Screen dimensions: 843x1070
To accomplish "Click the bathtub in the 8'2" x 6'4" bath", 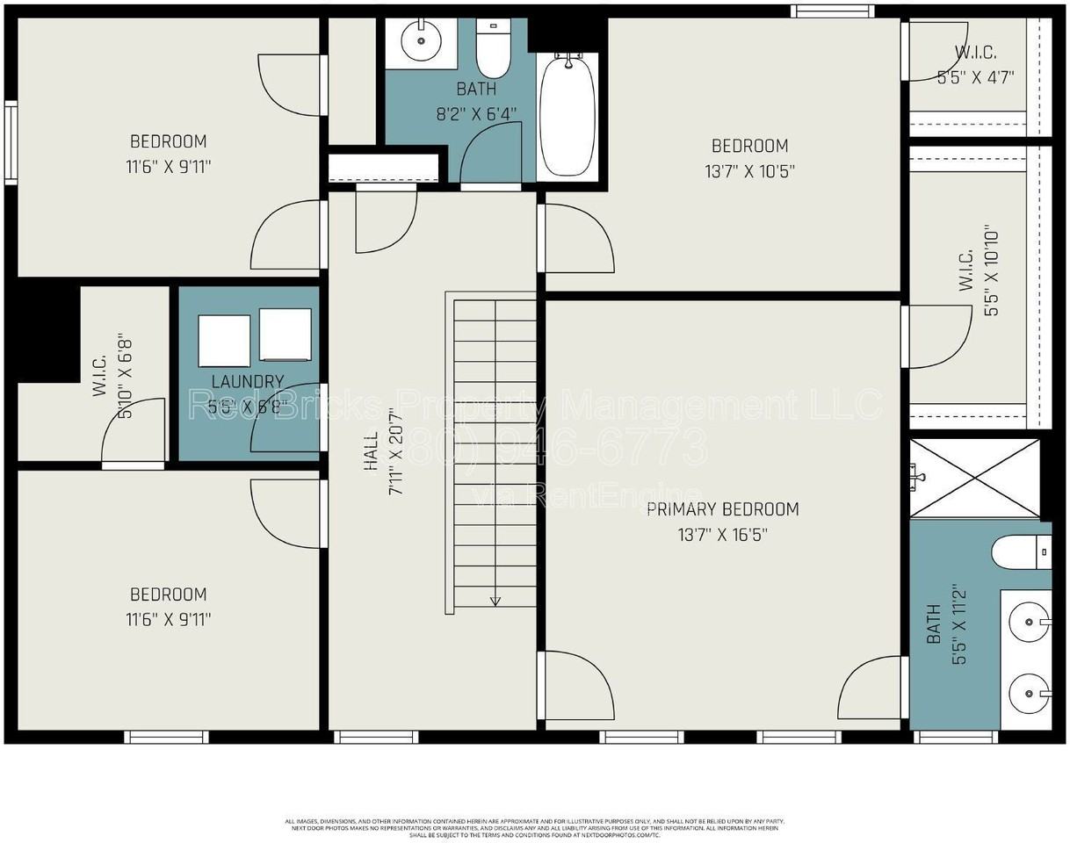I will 568,116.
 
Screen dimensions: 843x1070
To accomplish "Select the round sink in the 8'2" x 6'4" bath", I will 421,40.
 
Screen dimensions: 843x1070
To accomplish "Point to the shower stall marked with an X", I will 974,478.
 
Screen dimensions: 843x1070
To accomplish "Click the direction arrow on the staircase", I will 495,600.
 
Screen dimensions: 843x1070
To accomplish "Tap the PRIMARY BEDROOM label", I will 722,509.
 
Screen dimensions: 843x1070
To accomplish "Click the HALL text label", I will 371,450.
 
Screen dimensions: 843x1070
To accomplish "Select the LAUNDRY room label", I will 248,381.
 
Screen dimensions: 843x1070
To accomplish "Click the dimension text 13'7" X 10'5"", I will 749,171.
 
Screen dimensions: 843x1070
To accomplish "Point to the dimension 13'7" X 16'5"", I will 722,535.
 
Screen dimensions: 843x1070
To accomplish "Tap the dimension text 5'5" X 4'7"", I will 975,76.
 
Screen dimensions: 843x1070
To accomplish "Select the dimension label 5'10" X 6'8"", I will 125,376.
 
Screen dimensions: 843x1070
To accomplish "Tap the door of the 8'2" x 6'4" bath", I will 490,154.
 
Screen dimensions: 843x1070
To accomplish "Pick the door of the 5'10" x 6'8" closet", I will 134,433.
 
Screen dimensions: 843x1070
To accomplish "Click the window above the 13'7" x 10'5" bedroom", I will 832,11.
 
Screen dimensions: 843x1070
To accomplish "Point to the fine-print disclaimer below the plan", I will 534,828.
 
